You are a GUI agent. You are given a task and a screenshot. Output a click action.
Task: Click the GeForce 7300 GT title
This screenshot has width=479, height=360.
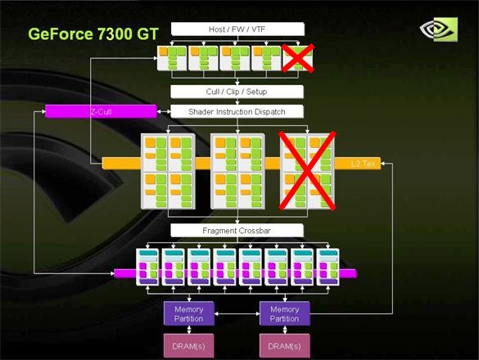pyautogui.click(x=93, y=34)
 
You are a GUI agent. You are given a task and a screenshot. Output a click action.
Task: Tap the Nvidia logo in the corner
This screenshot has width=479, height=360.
pyautogui.click(x=439, y=29)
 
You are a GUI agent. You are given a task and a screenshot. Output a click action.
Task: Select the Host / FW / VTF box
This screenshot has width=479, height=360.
pyautogui.click(x=237, y=29)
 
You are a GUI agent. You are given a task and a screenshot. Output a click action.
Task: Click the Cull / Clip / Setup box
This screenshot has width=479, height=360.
pyautogui.click(x=237, y=92)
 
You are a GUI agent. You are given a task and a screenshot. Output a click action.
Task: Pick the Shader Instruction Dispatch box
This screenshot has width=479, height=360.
pyautogui.click(x=237, y=112)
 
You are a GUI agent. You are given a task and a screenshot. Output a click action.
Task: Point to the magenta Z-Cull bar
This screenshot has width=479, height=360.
pyautogui.click(x=101, y=111)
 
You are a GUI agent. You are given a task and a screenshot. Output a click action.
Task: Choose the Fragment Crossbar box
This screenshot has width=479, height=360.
pyautogui.click(x=237, y=231)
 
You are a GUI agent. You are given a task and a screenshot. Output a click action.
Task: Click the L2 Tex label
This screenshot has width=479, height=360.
pyautogui.click(x=363, y=164)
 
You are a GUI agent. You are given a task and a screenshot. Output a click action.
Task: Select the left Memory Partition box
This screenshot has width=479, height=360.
pyautogui.click(x=189, y=313)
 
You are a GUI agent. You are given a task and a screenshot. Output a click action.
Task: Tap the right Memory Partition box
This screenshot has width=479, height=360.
pyautogui.click(x=285, y=313)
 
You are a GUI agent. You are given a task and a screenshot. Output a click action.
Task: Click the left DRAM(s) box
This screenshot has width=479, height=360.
pyautogui.click(x=189, y=346)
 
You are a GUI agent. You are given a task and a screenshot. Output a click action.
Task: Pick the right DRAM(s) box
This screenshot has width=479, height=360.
pyautogui.click(x=285, y=346)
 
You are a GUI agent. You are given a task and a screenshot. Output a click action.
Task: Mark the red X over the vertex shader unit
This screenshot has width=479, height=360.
pyautogui.click(x=298, y=58)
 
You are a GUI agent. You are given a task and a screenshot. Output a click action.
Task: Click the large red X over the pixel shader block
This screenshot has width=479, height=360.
pyautogui.click(x=307, y=171)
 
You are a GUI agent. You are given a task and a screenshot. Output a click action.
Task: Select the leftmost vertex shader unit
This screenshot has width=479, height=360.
pyautogui.click(x=172, y=58)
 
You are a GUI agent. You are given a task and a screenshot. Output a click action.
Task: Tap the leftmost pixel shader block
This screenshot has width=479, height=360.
pyautogui.click(x=168, y=171)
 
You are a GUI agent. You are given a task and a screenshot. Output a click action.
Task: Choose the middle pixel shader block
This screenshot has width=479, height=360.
pyautogui.click(x=237, y=171)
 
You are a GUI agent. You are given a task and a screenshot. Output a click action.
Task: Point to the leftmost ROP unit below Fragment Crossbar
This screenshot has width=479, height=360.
pyautogui.click(x=147, y=268)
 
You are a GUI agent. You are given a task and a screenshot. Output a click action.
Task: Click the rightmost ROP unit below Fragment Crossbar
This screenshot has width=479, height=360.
pyautogui.click(x=328, y=268)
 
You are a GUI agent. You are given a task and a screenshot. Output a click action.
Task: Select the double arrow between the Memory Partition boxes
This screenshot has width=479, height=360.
pyautogui.click(x=237, y=313)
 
